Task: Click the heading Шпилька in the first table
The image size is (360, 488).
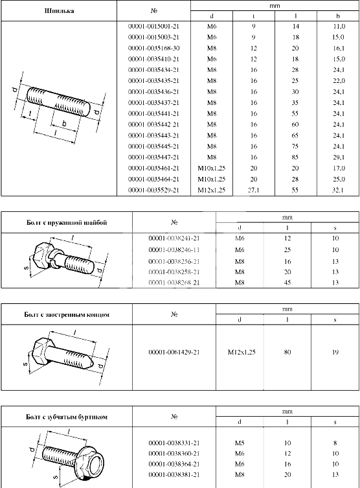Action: tap(59, 11)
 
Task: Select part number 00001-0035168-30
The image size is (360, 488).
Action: tap(154, 48)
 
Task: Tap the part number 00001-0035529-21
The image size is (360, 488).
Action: tap(154, 190)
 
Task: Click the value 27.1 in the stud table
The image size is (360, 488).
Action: tap(254, 190)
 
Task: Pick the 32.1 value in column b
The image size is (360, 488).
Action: tap(338, 190)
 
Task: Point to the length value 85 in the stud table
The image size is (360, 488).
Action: tap(295, 157)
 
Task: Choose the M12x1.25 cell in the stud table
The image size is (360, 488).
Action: tap(212, 190)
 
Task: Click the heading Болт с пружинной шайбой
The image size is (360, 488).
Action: tap(67, 222)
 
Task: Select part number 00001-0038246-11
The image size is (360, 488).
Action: tap(174, 250)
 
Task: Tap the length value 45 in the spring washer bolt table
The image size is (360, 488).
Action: tap(287, 283)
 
